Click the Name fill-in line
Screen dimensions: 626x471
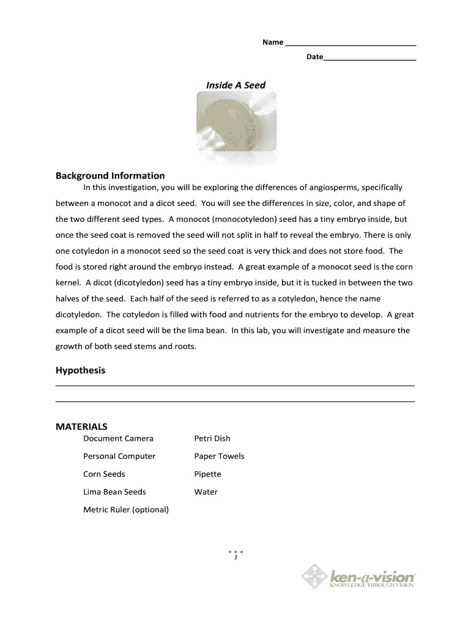pyautogui.click(x=350, y=45)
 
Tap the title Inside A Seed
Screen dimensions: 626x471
pyautogui.click(x=236, y=85)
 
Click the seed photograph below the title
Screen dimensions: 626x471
pyautogui.click(x=236, y=121)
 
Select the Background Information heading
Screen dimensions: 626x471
pyautogui.click(x=110, y=175)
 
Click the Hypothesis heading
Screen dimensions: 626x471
pyautogui.click(x=80, y=370)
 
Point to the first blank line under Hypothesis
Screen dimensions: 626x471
pyautogui.click(x=235, y=385)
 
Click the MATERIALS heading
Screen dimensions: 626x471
pyautogui.click(x=81, y=426)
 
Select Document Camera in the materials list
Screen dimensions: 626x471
pyautogui.click(x=118, y=438)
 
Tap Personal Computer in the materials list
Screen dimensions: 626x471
pyautogui.click(x=119, y=456)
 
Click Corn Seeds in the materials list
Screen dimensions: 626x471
pyautogui.click(x=104, y=474)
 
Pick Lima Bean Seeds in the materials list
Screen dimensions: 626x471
pyautogui.click(x=114, y=492)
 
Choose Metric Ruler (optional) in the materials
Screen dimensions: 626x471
pyautogui.click(x=126, y=509)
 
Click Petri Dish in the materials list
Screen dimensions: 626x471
pyautogui.click(x=212, y=438)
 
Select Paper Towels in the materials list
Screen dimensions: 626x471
pyautogui.click(x=219, y=456)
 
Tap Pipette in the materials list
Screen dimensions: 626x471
pyautogui.click(x=207, y=474)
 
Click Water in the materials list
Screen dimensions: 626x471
pyautogui.click(x=206, y=492)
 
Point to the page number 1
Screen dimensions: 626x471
pyautogui.click(x=235, y=558)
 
